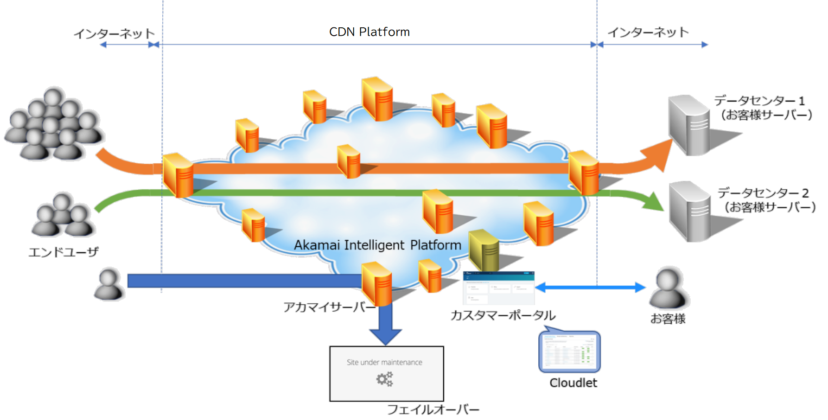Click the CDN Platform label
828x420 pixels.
(369, 32)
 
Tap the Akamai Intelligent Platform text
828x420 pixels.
(377, 245)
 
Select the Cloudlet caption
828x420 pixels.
(573, 383)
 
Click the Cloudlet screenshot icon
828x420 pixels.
(570, 352)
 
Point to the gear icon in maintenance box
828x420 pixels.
(384, 379)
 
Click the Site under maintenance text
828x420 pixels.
(384, 362)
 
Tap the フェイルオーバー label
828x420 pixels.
(433, 409)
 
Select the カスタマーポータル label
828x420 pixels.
(503, 316)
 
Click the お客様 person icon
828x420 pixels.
(668, 288)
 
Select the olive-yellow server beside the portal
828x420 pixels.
(484, 250)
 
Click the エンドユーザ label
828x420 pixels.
(64, 252)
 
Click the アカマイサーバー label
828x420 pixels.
(329, 307)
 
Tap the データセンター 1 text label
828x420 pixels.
(759, 101)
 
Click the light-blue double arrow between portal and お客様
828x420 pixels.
(590, 287)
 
